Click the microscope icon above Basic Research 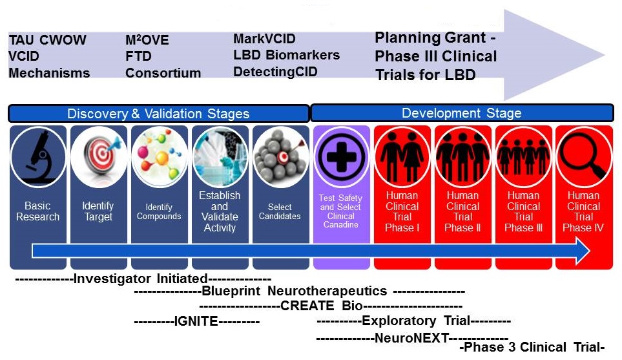click(x=37, y=157)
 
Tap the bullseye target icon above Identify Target click(x=98, y=157)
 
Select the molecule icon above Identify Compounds click(x=159, y=157)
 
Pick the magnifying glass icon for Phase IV click(x=584, y=157)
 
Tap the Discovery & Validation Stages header click(x=158, y=114)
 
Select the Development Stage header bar click(x=461, y=113)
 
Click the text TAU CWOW click(x=47, y=40)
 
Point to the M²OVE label click(x=147, y=40)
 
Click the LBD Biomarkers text click(x=286, y=55)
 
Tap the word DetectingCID click(x=275, y=71)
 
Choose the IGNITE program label click(x=196, y=321)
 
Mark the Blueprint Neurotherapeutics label click(x=294, y=291)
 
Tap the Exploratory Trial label click(x=415, y=321)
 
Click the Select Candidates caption click(x=280, y=211)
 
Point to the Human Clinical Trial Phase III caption click(x=523, y=211)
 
